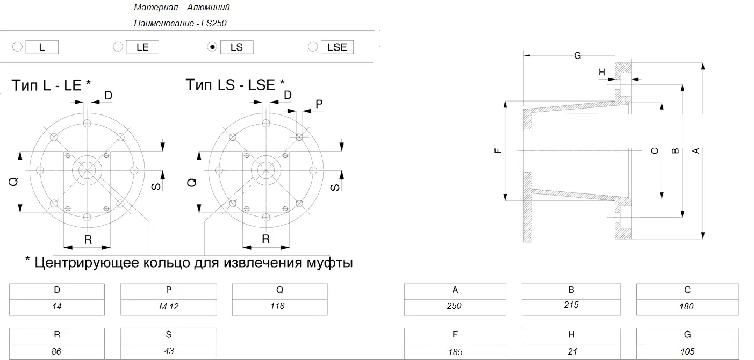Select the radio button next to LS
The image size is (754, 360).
tap(212, 47)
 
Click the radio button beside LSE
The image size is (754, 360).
tap(313, 47)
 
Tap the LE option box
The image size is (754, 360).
tap(142, 47)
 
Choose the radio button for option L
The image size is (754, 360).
tap(18, 47)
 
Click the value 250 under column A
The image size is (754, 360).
tap(454, 306)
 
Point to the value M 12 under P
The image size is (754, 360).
tap(169, 306)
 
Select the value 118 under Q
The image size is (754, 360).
tap(277, 306)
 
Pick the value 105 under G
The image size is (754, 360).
tap(687, 351)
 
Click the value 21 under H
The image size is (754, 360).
tap(572, 351)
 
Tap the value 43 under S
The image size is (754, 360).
tap(169, 351)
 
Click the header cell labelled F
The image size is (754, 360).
tap(455, 335)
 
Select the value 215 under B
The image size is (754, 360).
tap(571, 305)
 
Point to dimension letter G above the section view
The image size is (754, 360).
tap(577, 55)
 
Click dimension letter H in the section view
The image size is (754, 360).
tap(602, 72)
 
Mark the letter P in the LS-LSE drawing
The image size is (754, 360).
tap(319, 104)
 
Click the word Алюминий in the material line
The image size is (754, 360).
tap(209, 7)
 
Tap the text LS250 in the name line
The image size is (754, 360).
tap(214, 23)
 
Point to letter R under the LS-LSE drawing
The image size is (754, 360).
tap(265, 239)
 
